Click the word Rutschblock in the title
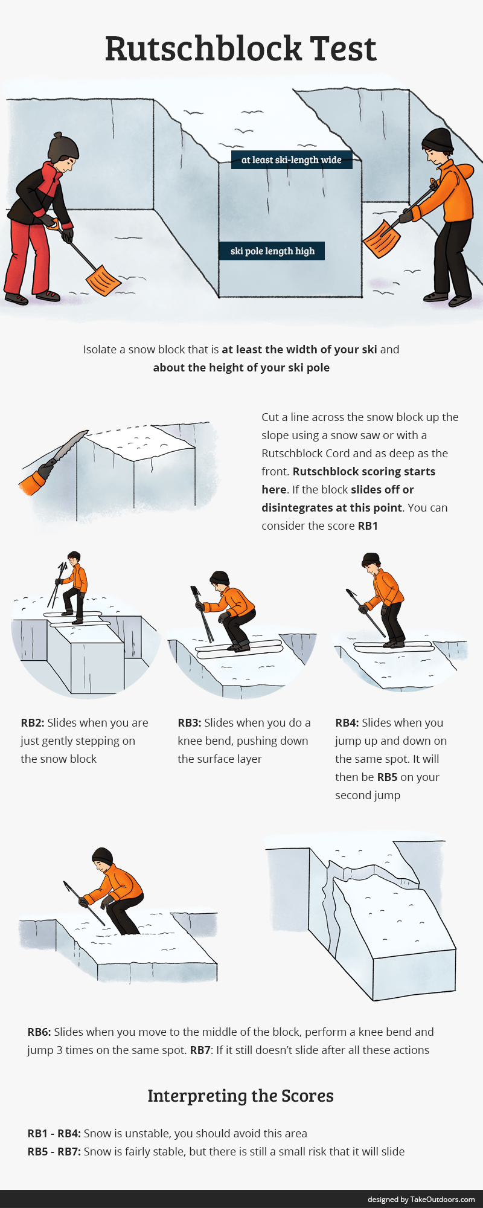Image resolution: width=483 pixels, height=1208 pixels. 203,48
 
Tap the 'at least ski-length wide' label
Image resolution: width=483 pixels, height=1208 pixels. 291,160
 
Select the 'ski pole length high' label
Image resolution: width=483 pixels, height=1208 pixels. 272,251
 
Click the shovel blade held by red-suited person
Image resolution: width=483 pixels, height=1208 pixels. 103,280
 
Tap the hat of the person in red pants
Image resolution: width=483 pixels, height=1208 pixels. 63,147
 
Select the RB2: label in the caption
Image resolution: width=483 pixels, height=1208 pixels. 33,723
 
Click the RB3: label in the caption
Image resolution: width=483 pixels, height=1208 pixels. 190,723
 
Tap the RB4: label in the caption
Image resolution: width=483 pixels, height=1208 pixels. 347,723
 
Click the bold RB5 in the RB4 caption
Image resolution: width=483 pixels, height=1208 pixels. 387,777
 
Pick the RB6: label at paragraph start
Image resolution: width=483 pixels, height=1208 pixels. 39,1032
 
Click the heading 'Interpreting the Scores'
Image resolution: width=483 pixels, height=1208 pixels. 240,1096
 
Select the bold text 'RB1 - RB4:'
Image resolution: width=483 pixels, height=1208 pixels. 54,1134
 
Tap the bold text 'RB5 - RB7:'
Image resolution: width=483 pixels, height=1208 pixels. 54,1152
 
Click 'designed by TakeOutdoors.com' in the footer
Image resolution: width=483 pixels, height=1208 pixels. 421,1200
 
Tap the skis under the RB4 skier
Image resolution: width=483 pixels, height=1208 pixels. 392,647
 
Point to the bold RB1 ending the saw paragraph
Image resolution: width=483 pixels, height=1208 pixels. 368,526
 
